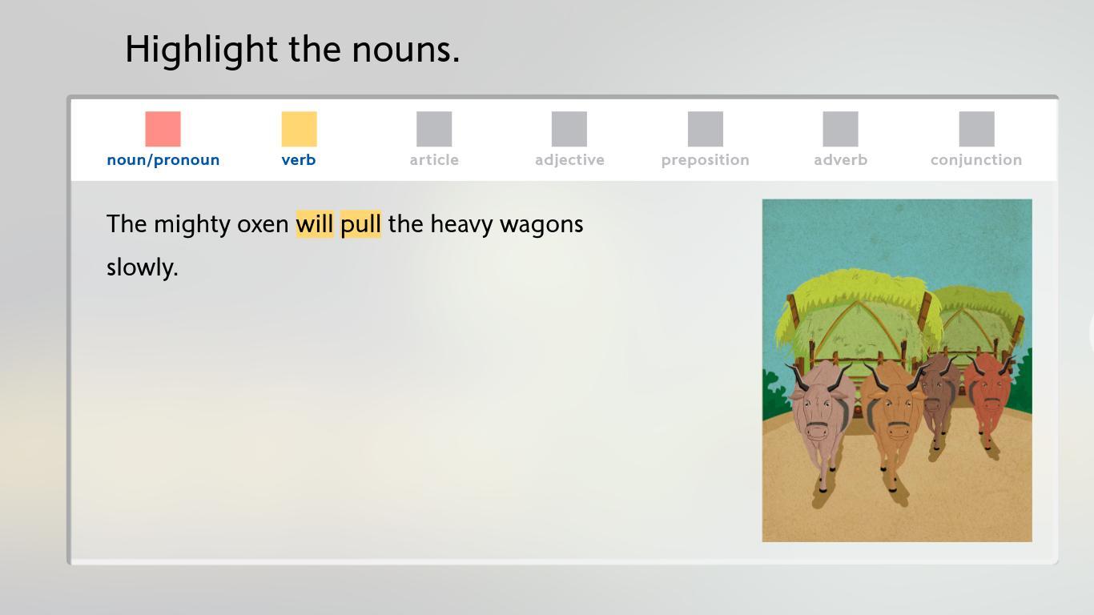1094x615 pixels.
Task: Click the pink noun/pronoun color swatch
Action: tap(163, 129)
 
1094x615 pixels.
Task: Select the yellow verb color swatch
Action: tap(299, 129)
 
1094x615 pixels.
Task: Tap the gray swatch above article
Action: tap(434, 129)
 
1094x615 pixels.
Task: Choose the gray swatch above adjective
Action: tap(569, 129)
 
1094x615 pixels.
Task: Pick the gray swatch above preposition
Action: tap(706, 129)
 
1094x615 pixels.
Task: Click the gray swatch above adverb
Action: tap(841, 129)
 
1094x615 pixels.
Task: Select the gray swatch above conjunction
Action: tap(977, 129)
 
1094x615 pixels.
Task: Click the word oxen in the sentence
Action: tap(263, 225)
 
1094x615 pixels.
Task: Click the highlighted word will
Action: tap(315, 223)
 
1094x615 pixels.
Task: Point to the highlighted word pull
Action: tap(360, 225)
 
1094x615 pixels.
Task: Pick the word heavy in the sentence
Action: tap(461, 225)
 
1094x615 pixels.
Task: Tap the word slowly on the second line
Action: tap(142, 267)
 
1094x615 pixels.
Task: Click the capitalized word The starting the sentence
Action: tap(127, 223)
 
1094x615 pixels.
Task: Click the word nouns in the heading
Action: tap(406, 50)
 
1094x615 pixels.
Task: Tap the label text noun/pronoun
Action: tap(163, 160)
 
